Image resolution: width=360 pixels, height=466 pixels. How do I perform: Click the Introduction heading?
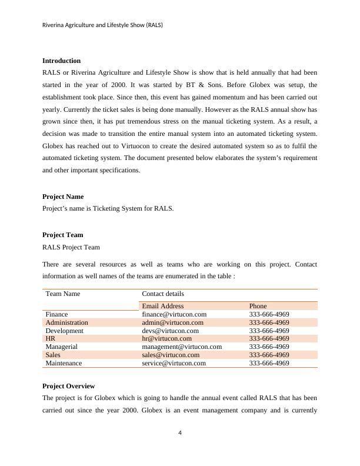tap(62, 61)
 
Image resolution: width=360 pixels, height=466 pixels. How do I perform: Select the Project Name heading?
tap(63, 197)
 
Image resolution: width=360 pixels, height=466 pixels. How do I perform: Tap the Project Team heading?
tap(63, 235)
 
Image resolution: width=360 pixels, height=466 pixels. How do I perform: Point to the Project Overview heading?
tap(69, 386)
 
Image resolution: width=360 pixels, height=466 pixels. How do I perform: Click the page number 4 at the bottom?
tap(180, 434)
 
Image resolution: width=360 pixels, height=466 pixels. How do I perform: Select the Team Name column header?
tap(63, 293)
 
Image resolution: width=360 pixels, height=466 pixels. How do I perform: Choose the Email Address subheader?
tap(163, 306)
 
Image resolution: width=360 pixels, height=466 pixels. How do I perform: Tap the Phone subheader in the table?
tap(258, 306)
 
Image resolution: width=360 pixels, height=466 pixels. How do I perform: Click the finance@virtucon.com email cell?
tap(174, 315)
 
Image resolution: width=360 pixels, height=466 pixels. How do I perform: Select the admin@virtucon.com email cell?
tap(173, 322)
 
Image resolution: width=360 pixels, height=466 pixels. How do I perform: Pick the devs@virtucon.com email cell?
tap(171, 331)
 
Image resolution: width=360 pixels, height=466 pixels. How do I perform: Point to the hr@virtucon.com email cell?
tap(167, 338)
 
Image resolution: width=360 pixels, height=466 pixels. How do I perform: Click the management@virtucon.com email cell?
tap(182, 347)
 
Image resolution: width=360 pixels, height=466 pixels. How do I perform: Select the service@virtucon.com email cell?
tap(174, 363)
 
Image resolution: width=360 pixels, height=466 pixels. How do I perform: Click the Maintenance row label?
tap(64, 363)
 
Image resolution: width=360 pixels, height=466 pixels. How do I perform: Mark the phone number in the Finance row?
tap(269, 315)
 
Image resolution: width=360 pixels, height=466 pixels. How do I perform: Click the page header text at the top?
tap(103, 25)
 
